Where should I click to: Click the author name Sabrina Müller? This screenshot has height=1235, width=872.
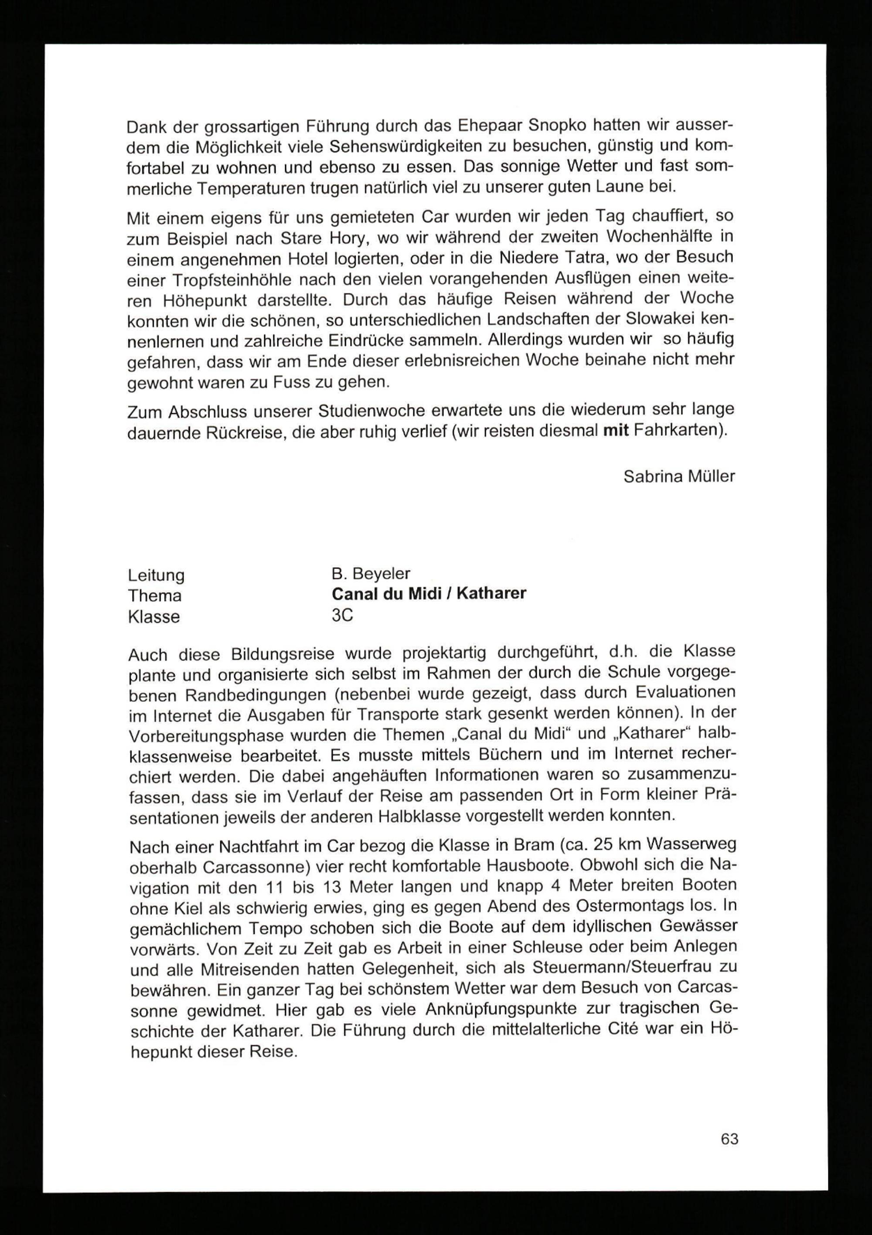click(x=679, y=476)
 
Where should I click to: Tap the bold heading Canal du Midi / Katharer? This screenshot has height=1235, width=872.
click(x=429, y=594)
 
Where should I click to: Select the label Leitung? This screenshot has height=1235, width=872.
click(x=156, y=575)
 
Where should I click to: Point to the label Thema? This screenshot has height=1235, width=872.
click(x=155, y=596)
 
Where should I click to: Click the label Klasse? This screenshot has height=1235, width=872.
click(x=154, y=616)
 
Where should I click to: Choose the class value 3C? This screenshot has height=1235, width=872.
click(x=342, y=615)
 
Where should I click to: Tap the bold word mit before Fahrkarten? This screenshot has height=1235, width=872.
click(x=617, y=431)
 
